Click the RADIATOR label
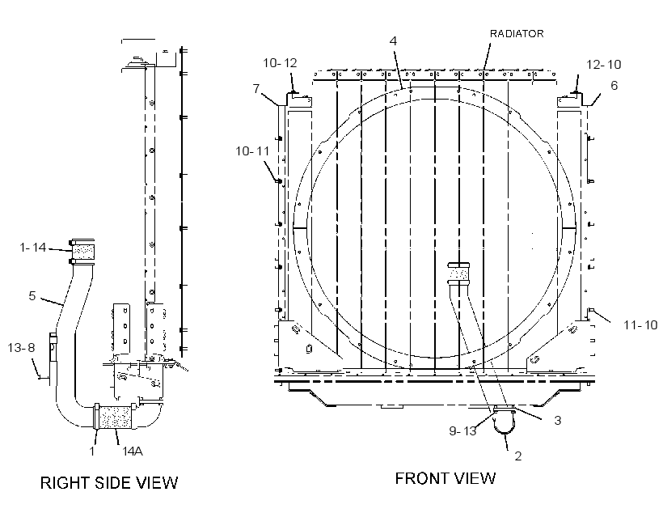pos(517,33)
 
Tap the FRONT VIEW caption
pos(446,478)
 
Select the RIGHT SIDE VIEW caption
pos(109,482)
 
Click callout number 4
pos(393,40)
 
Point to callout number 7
pos(256,88)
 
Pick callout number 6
pos(614,85)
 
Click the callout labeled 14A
pos(133,452)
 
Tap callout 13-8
pos(21,347)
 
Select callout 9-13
pos(462,431)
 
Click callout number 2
pos(518,456)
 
